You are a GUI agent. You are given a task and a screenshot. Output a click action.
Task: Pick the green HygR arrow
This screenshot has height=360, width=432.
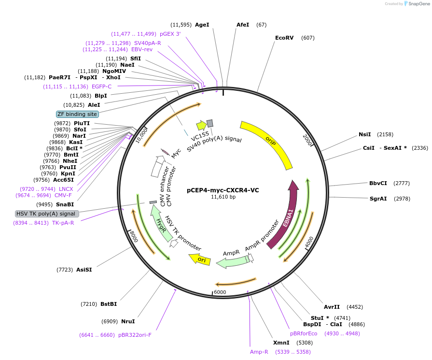(x=162, y=227)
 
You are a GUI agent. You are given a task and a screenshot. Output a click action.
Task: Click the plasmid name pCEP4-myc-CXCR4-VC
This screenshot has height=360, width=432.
(x=223, y=190)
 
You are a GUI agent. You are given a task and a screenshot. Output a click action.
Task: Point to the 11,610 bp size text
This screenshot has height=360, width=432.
(x=223, y=197)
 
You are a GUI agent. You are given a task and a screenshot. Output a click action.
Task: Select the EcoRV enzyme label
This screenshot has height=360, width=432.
(x=284, y=38)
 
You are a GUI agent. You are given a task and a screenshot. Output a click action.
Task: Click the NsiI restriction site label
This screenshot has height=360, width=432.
(x=364, y=134)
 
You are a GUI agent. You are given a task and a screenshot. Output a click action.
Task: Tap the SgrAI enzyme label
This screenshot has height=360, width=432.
(x=378, y=199)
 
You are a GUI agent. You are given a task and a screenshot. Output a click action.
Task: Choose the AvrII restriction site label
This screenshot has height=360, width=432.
(x=332, y=307)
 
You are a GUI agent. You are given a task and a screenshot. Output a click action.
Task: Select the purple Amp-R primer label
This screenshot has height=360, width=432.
(x=259, y=352)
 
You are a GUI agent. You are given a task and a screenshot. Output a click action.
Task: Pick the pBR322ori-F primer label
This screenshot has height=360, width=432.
(x=135, y=335)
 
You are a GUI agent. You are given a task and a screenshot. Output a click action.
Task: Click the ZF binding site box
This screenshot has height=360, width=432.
(x=77, y=114)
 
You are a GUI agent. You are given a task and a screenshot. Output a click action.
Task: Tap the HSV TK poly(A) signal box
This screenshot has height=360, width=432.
(x=46, y=214)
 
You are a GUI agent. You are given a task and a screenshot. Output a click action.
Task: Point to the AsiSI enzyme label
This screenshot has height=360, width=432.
(x=84, y=270)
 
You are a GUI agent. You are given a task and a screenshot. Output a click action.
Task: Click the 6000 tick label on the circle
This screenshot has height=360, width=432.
(x=220, y=292)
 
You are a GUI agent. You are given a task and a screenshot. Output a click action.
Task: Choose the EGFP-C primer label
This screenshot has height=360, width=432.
(x=101, y=86)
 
